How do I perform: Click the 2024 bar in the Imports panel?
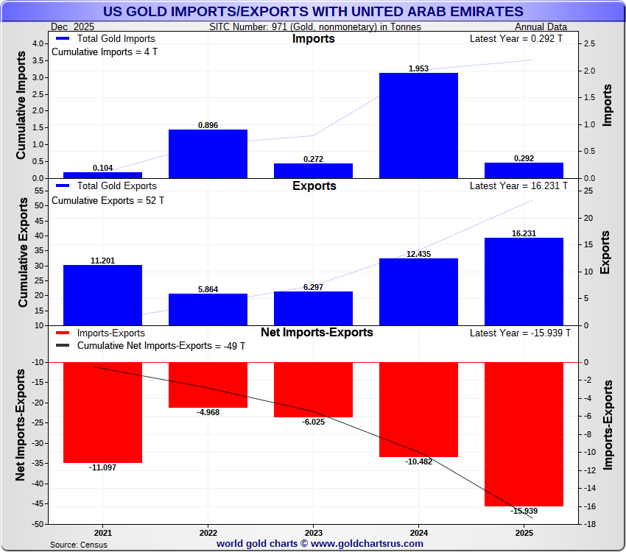[418, 125]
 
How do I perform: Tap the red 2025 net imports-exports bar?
[524, 434]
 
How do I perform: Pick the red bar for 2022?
[208, 384]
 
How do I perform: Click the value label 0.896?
[208, 125]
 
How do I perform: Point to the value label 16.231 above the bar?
[524, 233]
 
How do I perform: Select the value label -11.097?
[102, 468]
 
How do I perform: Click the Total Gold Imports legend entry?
[106, 38]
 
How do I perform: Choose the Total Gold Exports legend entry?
[106, 186]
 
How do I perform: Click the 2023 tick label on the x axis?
[314, 532]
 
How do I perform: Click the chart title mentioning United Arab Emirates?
[313, 11]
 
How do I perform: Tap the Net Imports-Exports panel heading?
[314, 333]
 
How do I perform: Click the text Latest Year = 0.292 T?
[516, 38]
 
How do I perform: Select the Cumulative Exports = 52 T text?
[108, 200]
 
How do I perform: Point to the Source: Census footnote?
[79, 544]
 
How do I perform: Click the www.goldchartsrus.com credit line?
[320, 543]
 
